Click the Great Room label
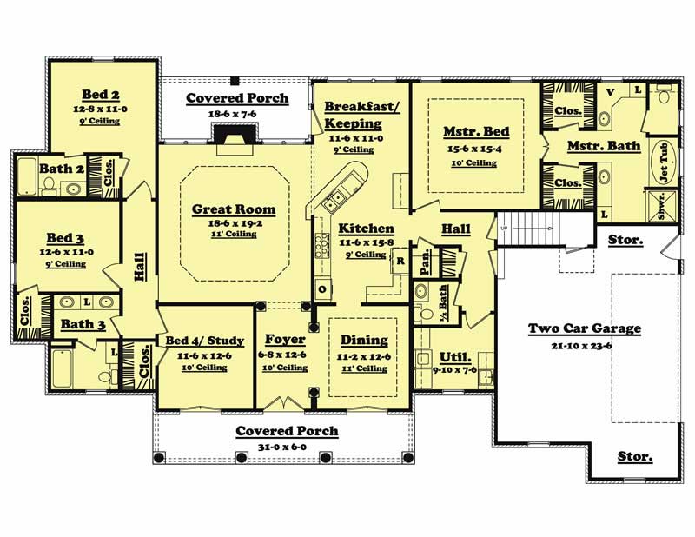(x=234, y=209)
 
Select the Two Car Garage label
(x=585, y=328)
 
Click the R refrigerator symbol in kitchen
(x=400, y=260)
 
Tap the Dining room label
(x=364, y=341)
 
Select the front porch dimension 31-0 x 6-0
(x=287, y=446)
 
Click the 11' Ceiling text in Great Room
(x=234, y=235)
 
